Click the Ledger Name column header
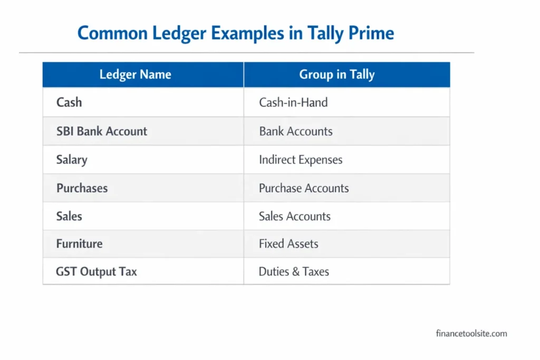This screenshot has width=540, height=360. [x=135, y=74]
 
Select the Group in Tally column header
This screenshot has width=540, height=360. [x=337, y=74]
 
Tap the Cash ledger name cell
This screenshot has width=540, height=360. [x=69, y=102]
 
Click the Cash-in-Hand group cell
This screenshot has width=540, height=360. [x=293, y=102]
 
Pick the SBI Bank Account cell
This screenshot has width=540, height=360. [x=102, y=131]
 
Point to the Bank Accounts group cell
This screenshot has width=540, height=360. [x=296, y=131]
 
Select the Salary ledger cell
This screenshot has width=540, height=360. [x=72, y=160]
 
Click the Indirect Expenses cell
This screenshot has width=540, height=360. [x=301, y=160]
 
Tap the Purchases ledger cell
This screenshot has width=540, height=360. [x=82, y=188]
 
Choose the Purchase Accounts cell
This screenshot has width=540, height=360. [x=304, y=188]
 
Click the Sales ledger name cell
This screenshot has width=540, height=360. [x=69, y=216]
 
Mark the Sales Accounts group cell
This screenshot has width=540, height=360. [x=295, y=216]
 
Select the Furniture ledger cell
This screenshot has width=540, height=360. [x=80, y=244]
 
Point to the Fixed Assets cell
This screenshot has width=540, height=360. [x=288, y=244]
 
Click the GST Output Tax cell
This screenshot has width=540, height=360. [x=97, y=272]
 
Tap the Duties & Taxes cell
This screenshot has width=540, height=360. [x=294, y=272]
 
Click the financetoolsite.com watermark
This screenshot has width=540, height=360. [x=471, y=333]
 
